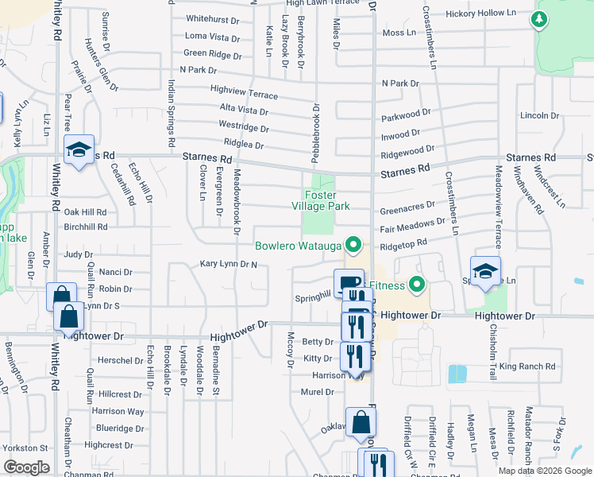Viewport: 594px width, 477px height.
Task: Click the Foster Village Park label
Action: pos(327,200)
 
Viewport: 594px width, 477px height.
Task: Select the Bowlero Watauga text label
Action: pos(297,245)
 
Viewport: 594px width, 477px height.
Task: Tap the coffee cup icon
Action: pos(349,282)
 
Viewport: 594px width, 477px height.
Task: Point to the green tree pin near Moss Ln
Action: pos(540,18)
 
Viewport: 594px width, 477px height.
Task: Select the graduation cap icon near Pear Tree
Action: pos(79,149)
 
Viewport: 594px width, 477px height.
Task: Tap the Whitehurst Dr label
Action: pos(212,18)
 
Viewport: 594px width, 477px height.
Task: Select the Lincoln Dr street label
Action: pos(539,115)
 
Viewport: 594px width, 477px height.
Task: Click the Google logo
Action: pos(26,467)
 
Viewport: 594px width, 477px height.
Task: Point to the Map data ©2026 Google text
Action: pos(544,471)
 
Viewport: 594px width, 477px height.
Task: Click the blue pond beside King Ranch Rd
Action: pos(457,374)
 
